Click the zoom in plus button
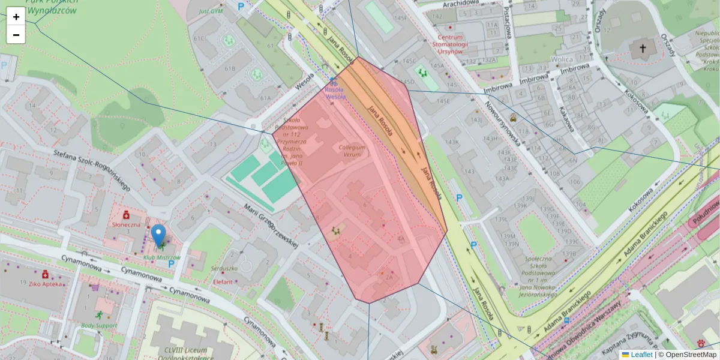click(x=16, y=16)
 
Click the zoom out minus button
click(x=16, y=35)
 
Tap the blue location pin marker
click(x=158, y=236)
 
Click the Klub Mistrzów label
click(x=162, y=258)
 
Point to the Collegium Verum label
click(x=352, y=150)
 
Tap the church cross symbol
click(x=643, y=47)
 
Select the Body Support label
click(x=98, y=326)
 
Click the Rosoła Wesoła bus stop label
click(x=335, y=92)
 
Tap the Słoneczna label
click(x=126, y=224)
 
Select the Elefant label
click(x=223, y=281)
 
